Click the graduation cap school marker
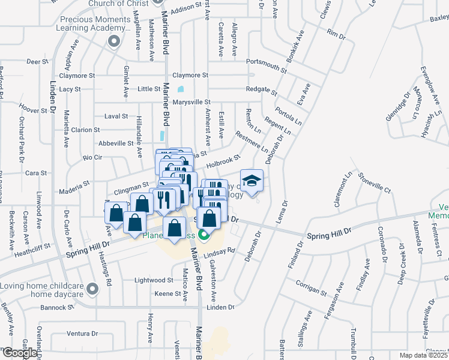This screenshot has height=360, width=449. (x=252, y=180)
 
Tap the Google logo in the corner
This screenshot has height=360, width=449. (x=20, y=352)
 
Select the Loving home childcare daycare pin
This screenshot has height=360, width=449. (x=92, y=290)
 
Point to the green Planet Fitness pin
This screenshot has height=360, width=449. (x=203, y=235)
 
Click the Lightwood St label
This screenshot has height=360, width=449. (x=154, y=280)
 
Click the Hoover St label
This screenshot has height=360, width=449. (x=33, y=110)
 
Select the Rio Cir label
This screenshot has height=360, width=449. (x=92, y=157)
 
